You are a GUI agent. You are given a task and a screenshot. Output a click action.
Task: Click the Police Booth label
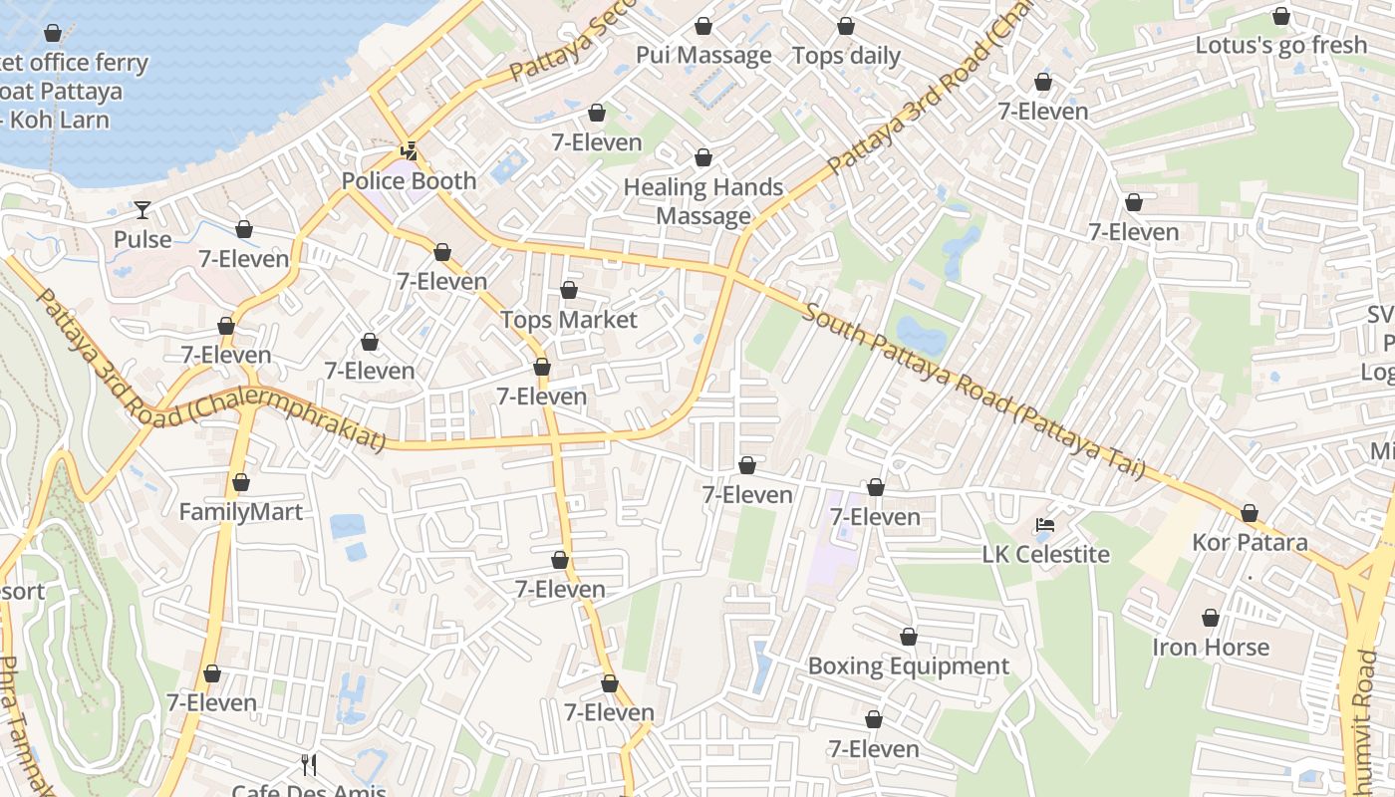[409, 181]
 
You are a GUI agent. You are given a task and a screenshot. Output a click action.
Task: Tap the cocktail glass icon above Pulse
[142, 209]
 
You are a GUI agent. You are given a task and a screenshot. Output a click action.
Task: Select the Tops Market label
[568, 320]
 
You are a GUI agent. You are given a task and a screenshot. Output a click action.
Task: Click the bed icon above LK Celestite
[1045, 525]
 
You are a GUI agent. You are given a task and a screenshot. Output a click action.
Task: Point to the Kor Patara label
[1250, 543]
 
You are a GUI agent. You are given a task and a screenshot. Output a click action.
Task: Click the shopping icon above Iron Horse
[1211, 618]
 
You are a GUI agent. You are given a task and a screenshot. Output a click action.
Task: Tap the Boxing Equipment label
[908, 665]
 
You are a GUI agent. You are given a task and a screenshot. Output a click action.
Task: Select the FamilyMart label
[240, 512]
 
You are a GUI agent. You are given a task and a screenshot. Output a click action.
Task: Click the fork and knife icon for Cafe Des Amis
[309, 765]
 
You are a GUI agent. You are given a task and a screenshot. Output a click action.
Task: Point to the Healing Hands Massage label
[703, 201]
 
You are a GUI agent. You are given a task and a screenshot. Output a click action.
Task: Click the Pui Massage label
[703, 55]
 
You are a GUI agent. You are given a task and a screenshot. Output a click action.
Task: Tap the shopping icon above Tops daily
[846, 26]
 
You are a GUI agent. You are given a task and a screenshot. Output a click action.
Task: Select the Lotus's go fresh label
[1280, 45]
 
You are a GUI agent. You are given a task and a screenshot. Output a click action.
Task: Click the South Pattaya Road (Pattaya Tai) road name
[972, 392]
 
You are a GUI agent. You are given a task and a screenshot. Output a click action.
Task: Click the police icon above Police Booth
[409, 151]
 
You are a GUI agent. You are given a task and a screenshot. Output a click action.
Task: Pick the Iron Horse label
[1211, 647]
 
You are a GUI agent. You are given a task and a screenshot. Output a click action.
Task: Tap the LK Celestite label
[1045, 554]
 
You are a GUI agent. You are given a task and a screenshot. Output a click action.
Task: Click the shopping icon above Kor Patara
[1250, 513]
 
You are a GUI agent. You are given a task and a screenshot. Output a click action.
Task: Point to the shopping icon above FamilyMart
[240, 482]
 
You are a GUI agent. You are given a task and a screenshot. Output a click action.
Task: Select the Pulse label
[142, 240]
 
